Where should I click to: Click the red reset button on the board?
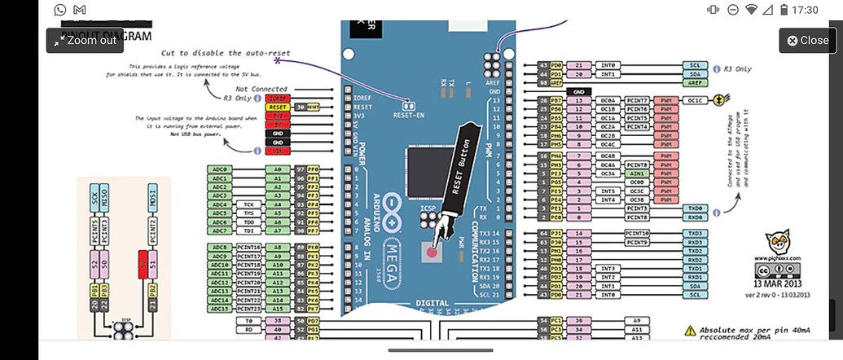tap(430, 251)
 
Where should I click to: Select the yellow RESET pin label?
tap(279, 107)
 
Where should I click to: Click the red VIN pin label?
tap(279, 150)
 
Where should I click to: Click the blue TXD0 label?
tap(694, 209)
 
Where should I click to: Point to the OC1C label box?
tap(694, 100)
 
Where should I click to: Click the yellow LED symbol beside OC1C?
tap(718, 100)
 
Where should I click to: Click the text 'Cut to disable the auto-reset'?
tap(236, 53)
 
